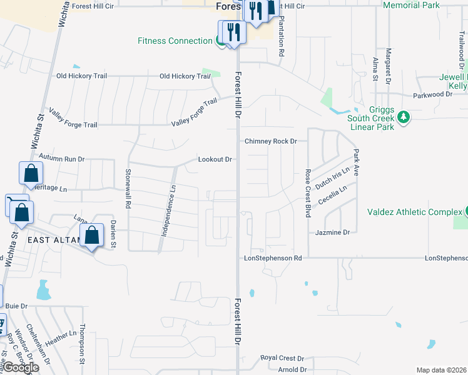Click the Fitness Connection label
click(175, 41)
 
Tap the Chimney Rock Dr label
click(270, 141)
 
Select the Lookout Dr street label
click(215, 159)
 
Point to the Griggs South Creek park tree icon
click(404, 117)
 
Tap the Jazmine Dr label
click(333, 232)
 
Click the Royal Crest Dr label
click(282, 358)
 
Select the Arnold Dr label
click(291, 369)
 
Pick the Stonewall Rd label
click(128, 188)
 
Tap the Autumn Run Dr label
click(61, 159)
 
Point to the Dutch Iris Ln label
click(332, 178)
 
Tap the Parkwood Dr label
click(432, 94)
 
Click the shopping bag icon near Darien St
click(92, 236)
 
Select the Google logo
click(21, 367)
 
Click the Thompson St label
click(82, 344)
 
